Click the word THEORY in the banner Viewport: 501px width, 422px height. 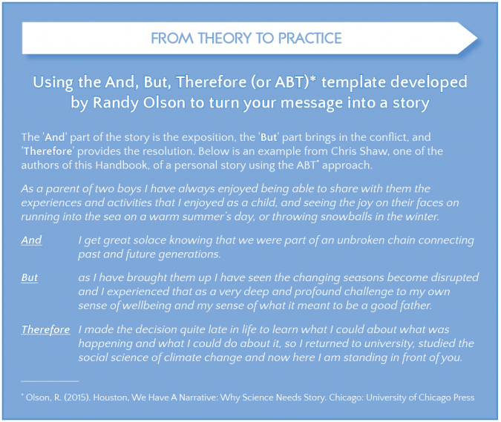point(225,39)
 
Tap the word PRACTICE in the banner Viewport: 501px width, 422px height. point(310,39)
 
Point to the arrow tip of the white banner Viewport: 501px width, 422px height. point(477,39)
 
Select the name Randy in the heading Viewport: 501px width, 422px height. point(116,103)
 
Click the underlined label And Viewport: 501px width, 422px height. point(31,240)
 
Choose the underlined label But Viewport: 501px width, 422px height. point(30,277)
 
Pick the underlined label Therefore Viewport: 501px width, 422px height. point(46,329)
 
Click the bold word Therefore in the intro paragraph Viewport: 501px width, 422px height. point(48,151)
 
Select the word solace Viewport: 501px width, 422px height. point(149,240)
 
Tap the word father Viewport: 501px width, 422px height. point(416,306)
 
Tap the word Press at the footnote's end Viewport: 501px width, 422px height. point(464,398)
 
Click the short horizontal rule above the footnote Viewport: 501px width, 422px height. point(50,381)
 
